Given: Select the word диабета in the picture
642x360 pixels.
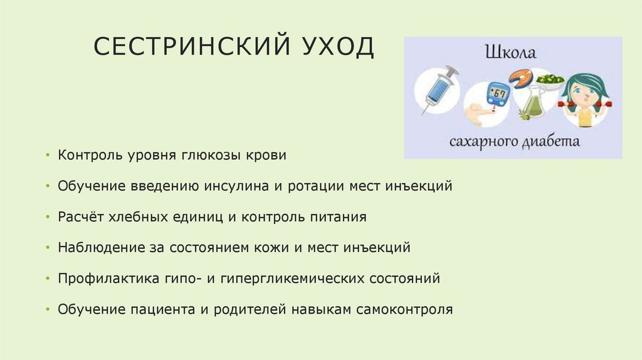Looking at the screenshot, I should pos(552,141).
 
